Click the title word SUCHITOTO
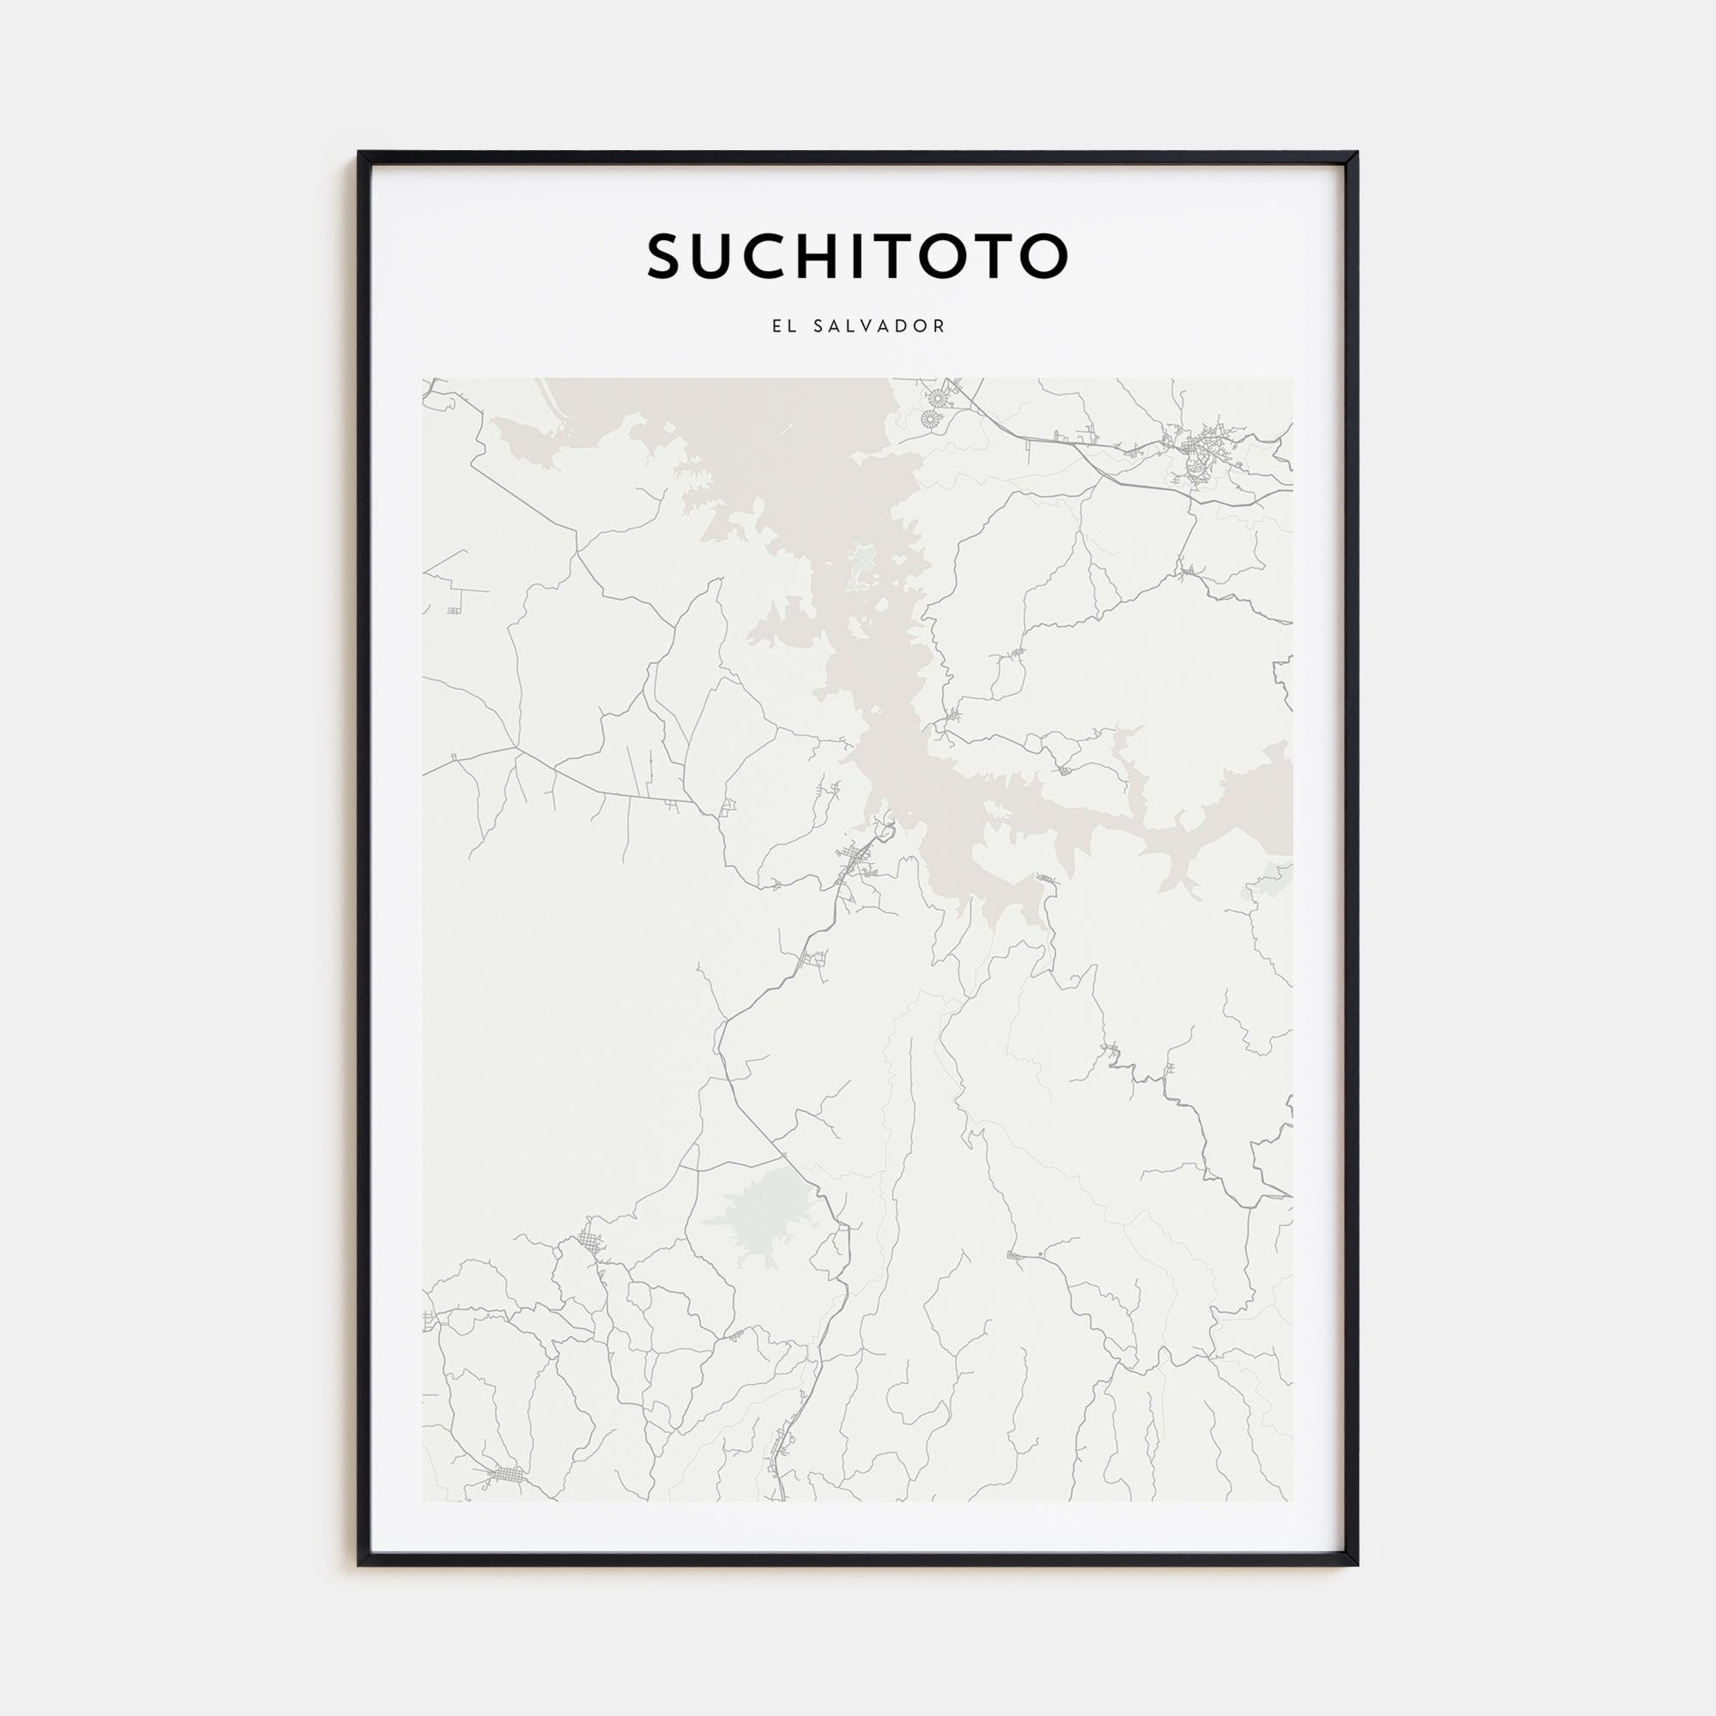click(857, 257)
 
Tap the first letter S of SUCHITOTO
click(667, 257)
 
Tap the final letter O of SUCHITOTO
click(1042, 257)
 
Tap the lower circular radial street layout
click(931, 420)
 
